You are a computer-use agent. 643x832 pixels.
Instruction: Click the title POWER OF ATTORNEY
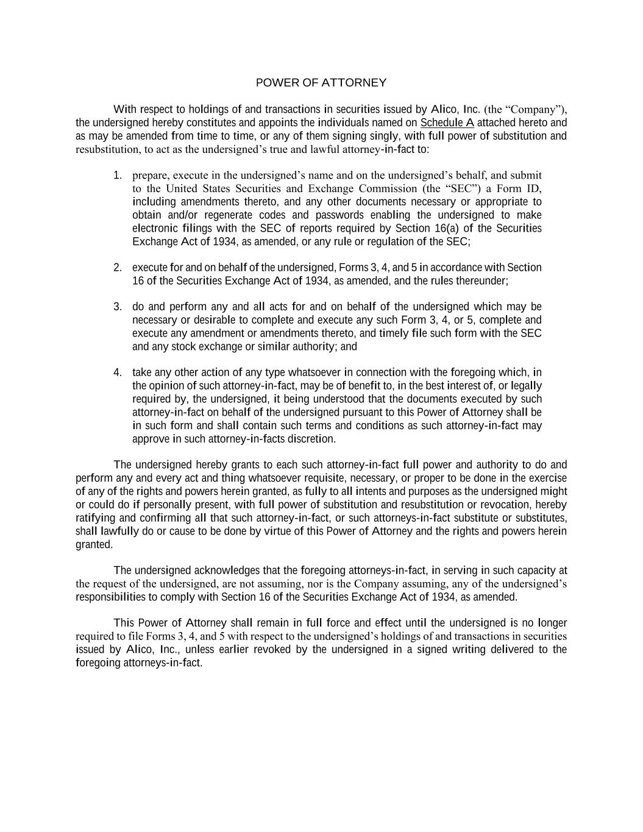coord(321,82)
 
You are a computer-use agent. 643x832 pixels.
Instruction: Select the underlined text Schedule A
coord(447,123)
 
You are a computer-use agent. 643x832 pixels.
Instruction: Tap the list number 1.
coord(117,176)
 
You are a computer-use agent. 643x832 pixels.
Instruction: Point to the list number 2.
coord(117,268)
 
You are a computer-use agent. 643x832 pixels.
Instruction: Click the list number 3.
coord(117,307)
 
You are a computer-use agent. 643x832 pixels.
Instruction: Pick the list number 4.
coord(117,372)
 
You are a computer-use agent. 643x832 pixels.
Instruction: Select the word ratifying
coord(95,518)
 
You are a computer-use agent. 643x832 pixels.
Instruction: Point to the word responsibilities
coord(110,597)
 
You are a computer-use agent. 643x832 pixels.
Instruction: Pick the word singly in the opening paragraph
coord(384,136)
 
